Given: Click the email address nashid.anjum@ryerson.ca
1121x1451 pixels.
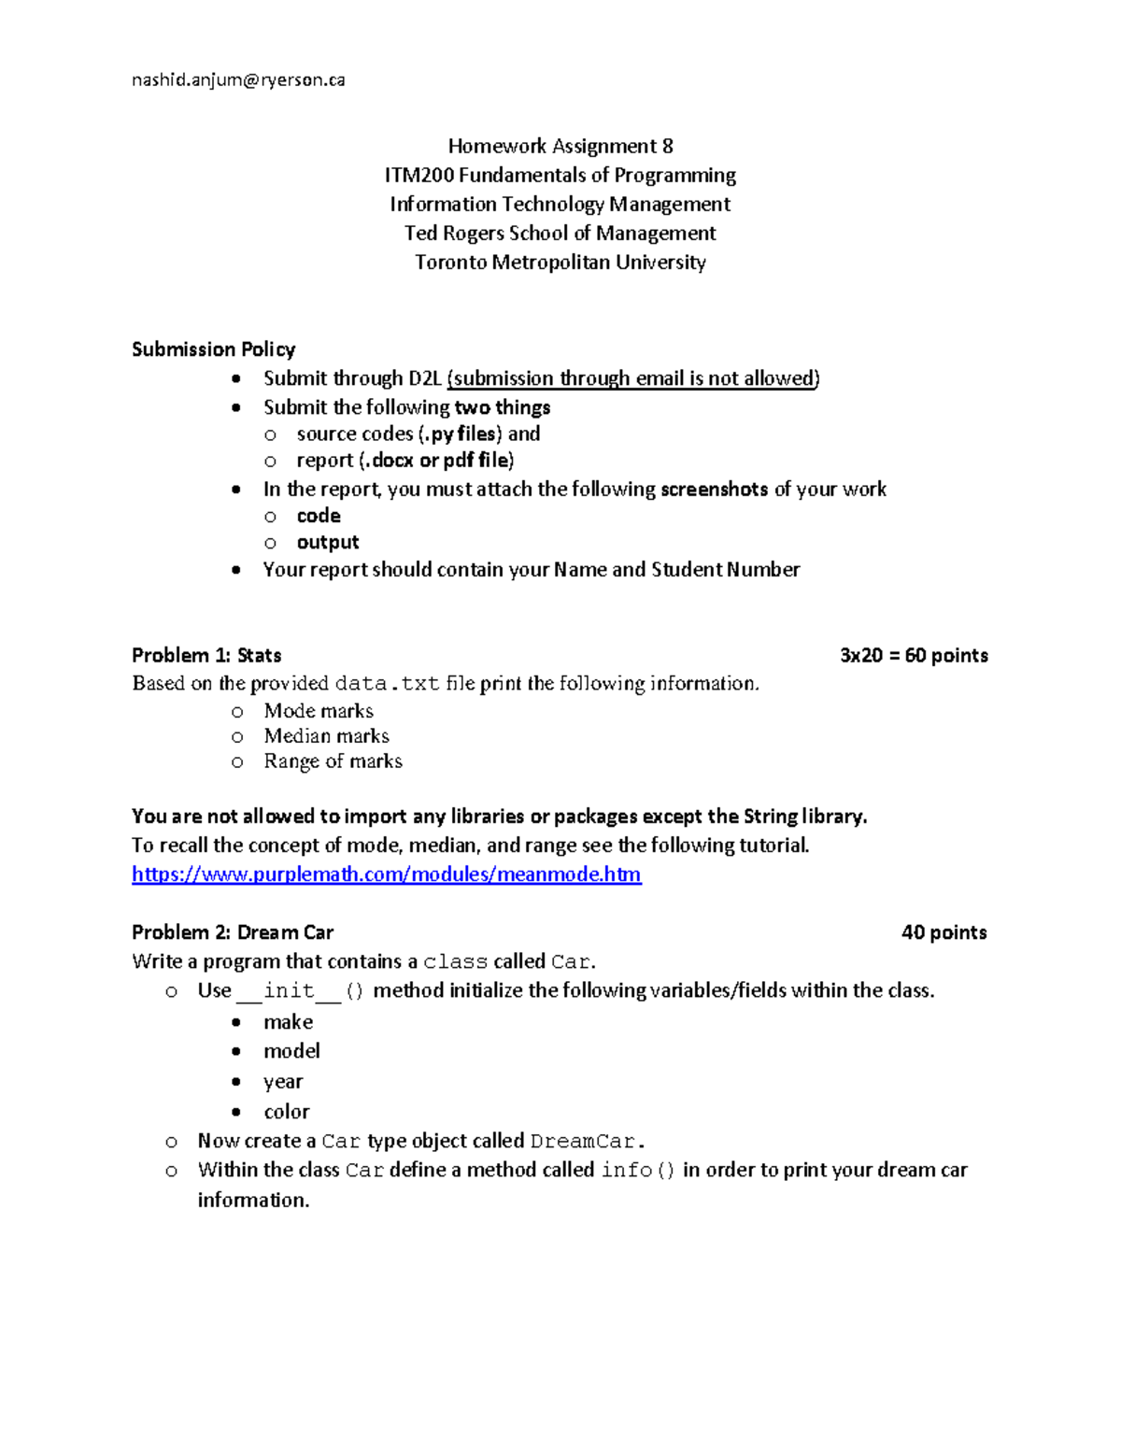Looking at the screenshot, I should pyautogui.click(x=238, y=80).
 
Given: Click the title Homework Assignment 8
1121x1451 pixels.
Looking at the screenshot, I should pyautogui.click(x=560, y=146).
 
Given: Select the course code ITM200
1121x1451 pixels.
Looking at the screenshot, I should pyautogui.click(x=419, y=176).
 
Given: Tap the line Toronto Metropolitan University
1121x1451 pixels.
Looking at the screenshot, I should pyautogui.click(x=560, y=263).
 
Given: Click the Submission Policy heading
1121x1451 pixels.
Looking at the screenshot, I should pyautogui.click(x=213, y=349).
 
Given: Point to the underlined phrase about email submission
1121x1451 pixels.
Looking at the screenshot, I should pyautogui.click(x=633, y=378).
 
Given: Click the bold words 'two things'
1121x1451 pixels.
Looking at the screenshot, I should pyautogui.click(x=503, y=407).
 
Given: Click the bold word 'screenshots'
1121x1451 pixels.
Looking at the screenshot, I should pyautogui.click(x=714, y=490).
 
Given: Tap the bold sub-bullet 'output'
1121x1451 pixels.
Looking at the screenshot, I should pyautogui.click(x=327, y=543).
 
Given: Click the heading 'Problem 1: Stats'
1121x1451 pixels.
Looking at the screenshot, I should pyautogui.click(x=206, y=655).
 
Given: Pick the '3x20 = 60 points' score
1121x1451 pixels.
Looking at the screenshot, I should pyautogui.click(x=914, y=655).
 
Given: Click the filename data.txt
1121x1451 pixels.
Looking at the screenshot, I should pyautogui.click(x=387, y=684).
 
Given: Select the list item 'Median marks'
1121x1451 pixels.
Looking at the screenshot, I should pyautogui.click(x=326, y=736).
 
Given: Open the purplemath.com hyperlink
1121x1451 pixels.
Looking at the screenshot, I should pyautogui.click(x=386, y=875).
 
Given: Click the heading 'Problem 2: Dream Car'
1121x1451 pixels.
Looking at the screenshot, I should pyautogui.click(x=233, y=932).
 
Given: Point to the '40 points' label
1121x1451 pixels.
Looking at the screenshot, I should pyautogui.click(x=944, y=932).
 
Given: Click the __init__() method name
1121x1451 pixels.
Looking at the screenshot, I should pyautogui.click(x=300, y=990).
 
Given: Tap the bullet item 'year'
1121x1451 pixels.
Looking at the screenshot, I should pyautogui.click(x=283, y=1082).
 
